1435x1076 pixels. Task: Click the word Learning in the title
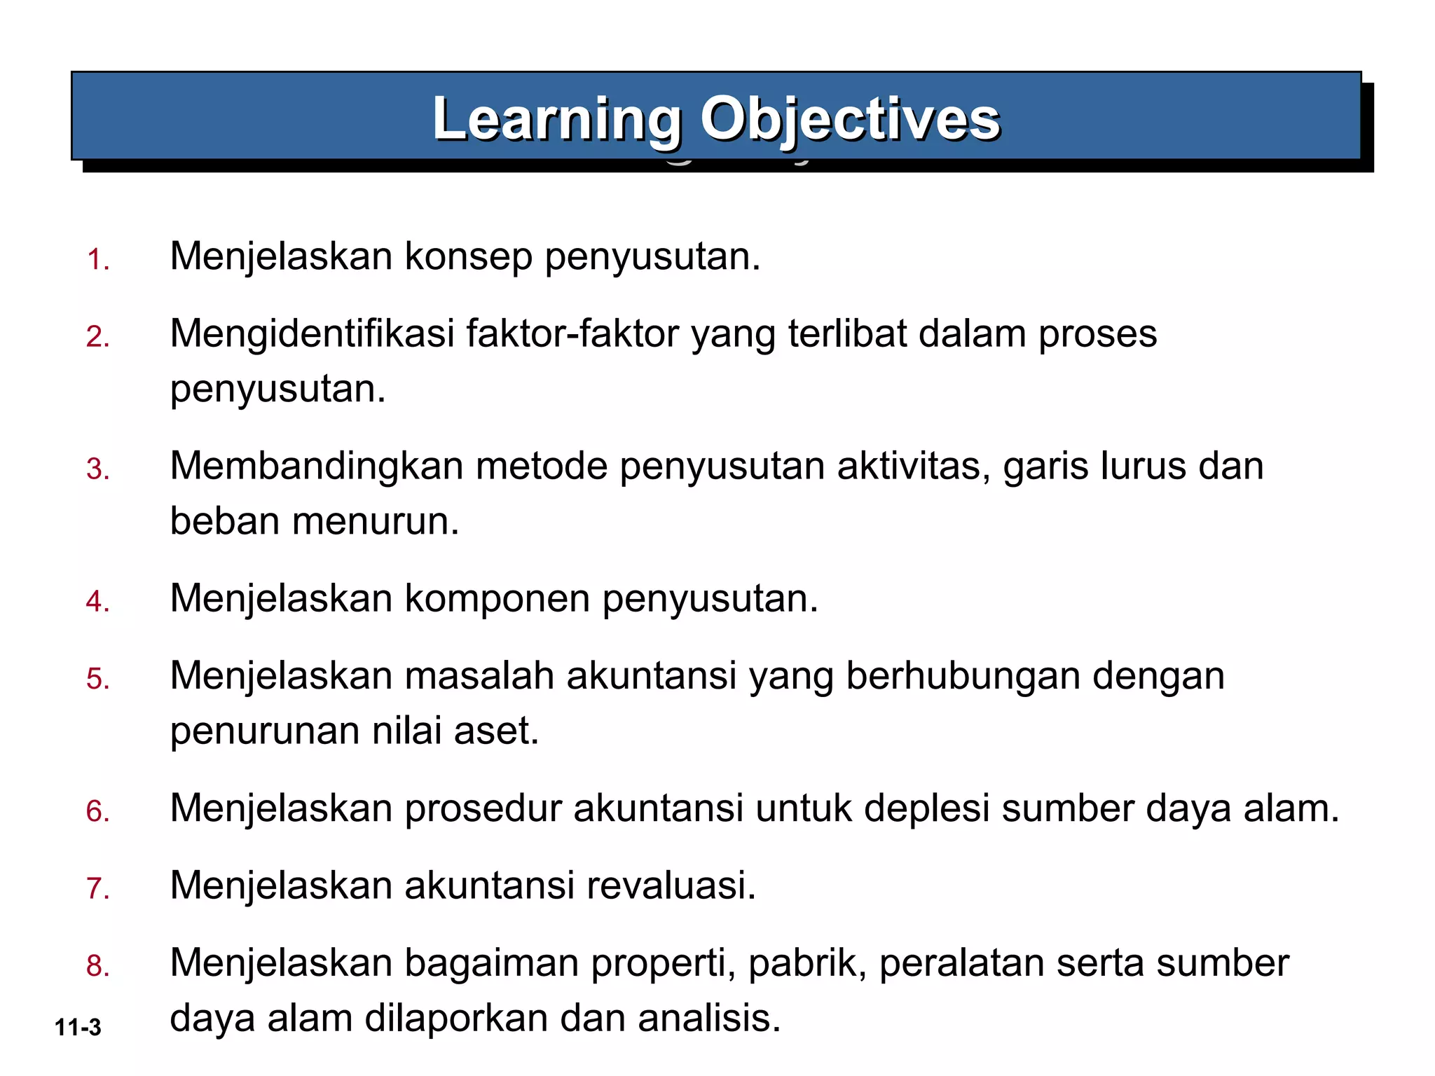pos(557,119)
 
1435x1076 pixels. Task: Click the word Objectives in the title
pos(850,119)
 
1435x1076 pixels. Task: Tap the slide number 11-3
pos(78,1027)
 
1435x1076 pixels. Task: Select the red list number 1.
pos(97,260)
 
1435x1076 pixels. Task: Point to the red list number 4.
pos(97,602)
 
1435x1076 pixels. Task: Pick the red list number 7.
pos(97,888)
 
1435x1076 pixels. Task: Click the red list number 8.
pos(97,966)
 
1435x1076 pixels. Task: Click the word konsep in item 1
pos(468,257)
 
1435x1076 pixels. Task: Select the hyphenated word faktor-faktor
pos(572,333)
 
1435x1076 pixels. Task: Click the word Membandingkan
pos(316,466)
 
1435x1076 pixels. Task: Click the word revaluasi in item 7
pos(671,885)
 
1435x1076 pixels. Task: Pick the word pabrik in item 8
pos(807,963)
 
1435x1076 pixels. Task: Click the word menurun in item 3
pos(375,522)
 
